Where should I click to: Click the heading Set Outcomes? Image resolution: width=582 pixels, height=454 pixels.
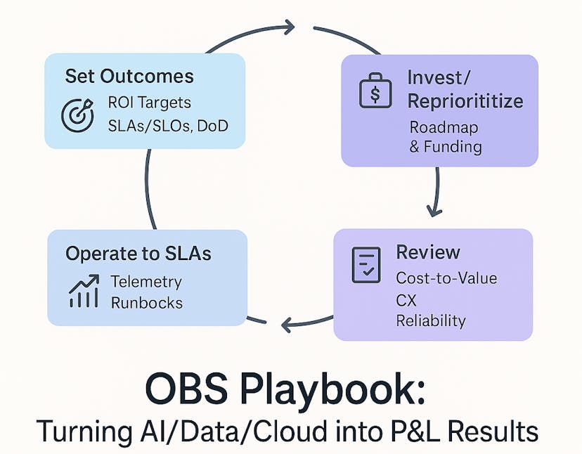pyautogui.click(x=129, y=76)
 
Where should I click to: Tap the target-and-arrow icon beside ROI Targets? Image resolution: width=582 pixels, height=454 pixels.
pyautogui.click(x=77, y=115)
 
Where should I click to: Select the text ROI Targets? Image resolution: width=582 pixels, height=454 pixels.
pyautogui.click(x=149, y=103)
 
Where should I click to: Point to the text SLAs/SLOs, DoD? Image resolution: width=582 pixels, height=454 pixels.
pyautogui.click(x=167, y=126)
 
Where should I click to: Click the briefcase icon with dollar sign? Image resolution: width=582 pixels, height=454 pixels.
pyautogui.click(x=375, y=91)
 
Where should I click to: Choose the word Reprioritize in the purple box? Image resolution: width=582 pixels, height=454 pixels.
pyautogui.click(x=465, y=101)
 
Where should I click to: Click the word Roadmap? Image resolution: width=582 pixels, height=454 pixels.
pyautogui.click(x=444, y=127)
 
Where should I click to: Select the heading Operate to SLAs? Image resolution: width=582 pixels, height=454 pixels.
pyautogui.click(x=138, y=254)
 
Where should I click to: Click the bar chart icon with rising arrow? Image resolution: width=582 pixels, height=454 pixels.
pyautogui.click(x=84, y=292)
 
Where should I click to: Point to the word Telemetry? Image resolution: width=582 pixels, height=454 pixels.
pyautogui.click(x=146, y=282)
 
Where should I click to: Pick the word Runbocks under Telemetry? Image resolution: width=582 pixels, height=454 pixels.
pyautogui.click(x=146, y=303)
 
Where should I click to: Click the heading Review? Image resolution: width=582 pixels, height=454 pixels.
pyautogui.click(x=428, y=252)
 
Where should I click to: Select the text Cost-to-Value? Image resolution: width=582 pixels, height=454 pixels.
pyautogui.click(x=446, y=278)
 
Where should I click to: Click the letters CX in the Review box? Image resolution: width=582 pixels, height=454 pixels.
pyautogui.click(x=406, y=300)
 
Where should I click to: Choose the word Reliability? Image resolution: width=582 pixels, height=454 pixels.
pyautogui.click(x=431, y=321)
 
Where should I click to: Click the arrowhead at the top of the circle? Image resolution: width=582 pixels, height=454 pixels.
pyautogui.click(x=287, y=27)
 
